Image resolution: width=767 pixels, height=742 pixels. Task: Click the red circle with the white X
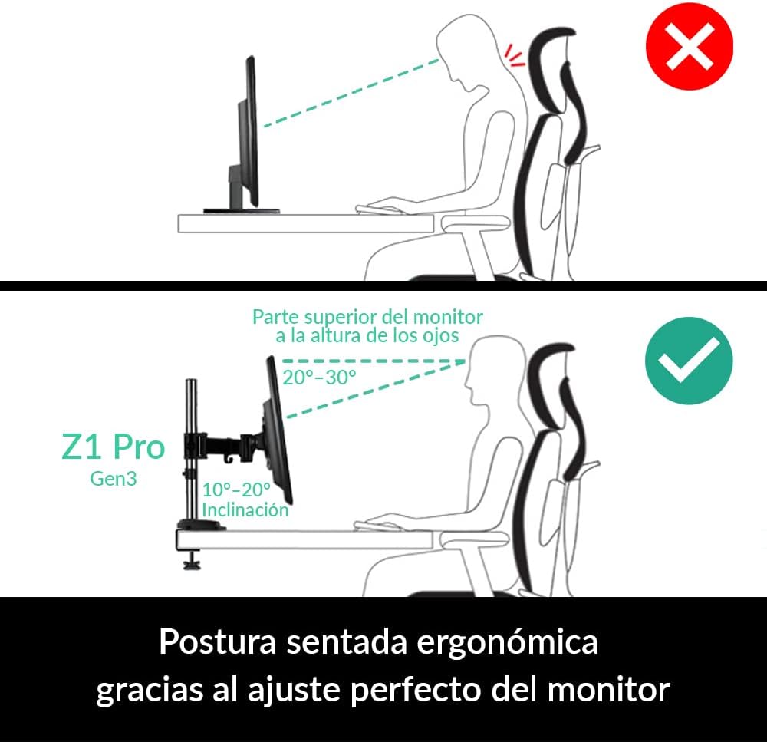[x=690, y=47]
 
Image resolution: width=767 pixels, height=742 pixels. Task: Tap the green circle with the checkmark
[x=689, y=361]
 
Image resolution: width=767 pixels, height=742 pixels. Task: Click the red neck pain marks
[x=515, y=55]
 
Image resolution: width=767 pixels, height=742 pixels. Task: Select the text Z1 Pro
[x=114, y=447]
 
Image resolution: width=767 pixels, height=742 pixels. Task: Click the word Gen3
[x=113, y=479]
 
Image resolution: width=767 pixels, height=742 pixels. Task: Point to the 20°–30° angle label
[x=319, y=378]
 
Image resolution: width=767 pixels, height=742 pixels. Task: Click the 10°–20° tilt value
[x=236, y=490]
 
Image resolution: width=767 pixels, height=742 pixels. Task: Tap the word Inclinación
[x=245, y=510]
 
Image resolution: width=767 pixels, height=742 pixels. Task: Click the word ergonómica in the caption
[x=507, y=643]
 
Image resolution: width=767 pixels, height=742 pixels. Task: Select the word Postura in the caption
[x=218, y=641]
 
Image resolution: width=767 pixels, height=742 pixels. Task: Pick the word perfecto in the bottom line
[x=416, y=690]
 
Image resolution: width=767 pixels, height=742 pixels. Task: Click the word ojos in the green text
[x=443, y=336]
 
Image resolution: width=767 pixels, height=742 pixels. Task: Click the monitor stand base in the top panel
[x=242, y=211]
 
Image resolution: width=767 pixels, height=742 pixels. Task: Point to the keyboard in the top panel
[x=379, y=209]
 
